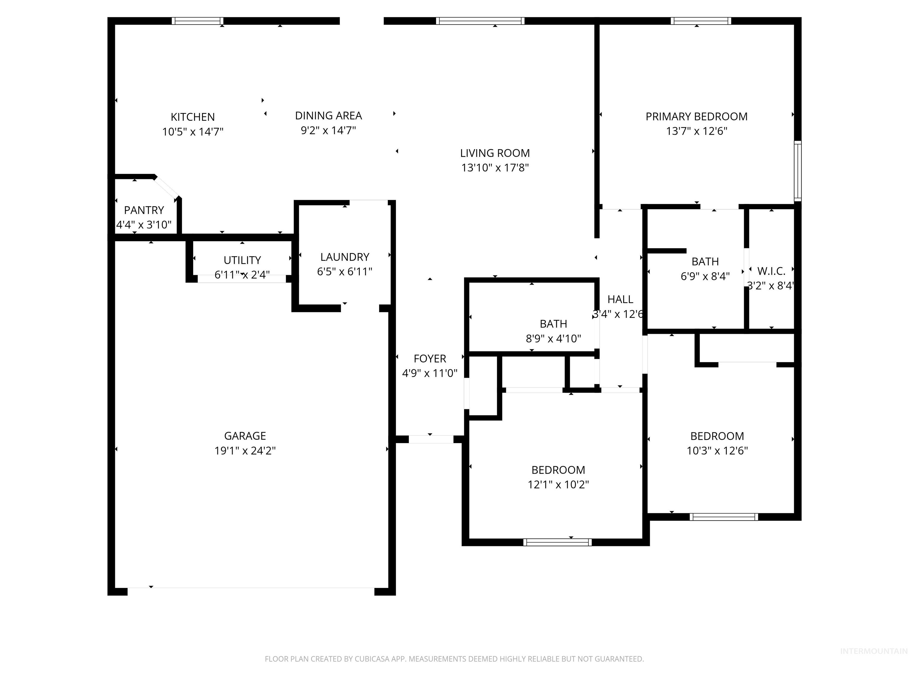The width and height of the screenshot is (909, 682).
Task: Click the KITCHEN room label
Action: point(192,117)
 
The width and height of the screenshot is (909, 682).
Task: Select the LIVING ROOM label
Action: point(495,153)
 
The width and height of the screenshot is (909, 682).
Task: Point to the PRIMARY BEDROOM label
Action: point(696,117)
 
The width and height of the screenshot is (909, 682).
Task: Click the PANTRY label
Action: point(144,210)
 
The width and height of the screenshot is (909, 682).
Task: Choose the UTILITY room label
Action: point(242,260)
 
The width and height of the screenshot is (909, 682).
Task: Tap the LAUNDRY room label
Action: point(344,257)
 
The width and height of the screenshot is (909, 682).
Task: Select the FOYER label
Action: point(429,359)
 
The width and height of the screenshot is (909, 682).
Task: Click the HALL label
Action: point(620,300)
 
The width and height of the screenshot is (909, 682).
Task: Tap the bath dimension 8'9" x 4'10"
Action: point(553,339)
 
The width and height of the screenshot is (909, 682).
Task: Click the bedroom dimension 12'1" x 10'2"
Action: point(558,485)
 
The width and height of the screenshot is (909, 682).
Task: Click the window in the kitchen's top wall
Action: point(197,21)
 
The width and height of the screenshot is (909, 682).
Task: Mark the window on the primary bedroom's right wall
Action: point(797,170)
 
